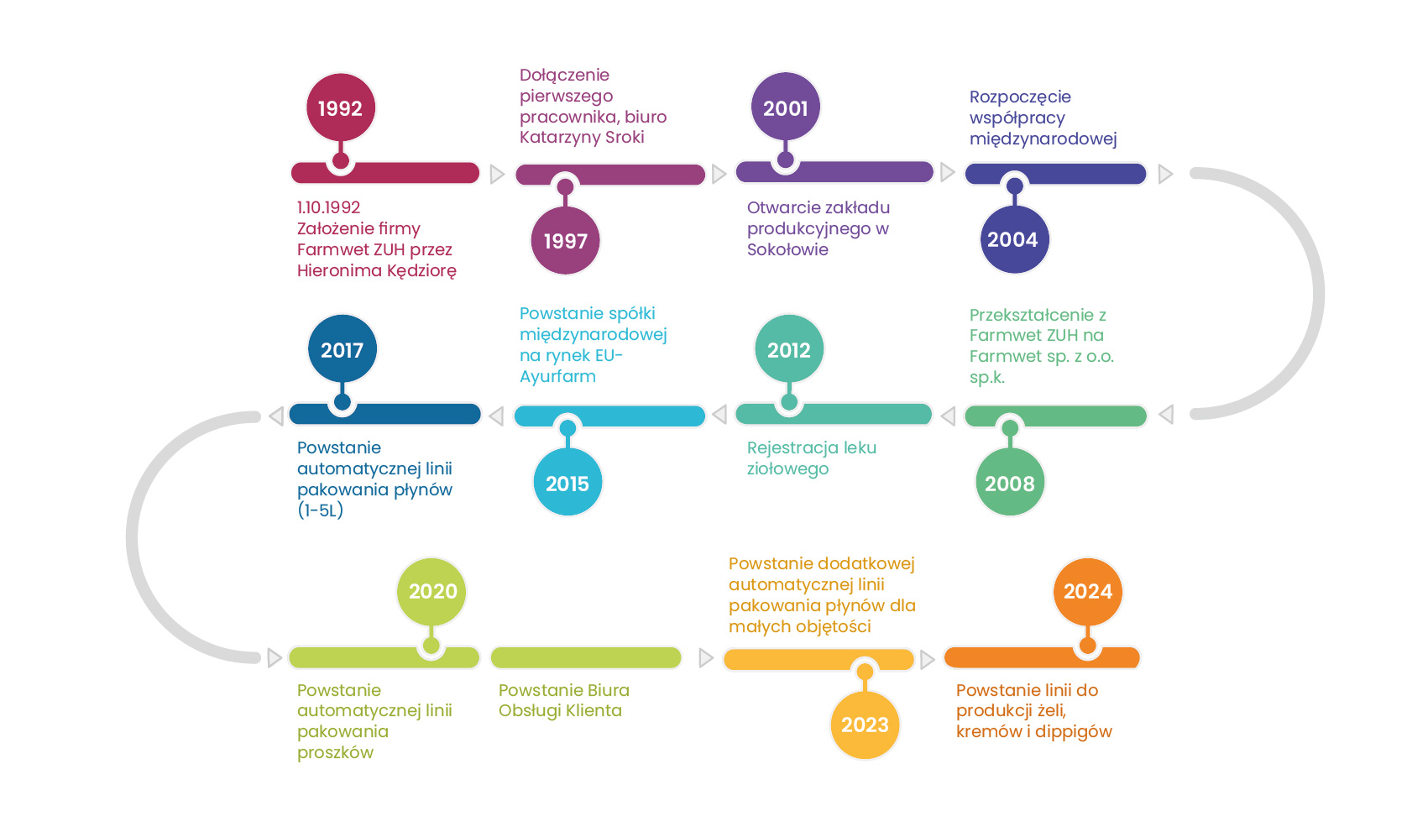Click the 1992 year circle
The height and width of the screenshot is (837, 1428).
tap(340, 108)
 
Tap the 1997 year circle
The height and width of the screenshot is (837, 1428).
tap(565, 241)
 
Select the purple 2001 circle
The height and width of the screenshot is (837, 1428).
tap(785, 108)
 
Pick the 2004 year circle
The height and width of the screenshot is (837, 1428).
tap(1013, 239)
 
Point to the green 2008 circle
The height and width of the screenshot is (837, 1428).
tap(1010, 483)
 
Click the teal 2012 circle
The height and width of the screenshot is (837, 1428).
tap(789, 350)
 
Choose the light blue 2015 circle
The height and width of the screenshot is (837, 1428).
tap(568, 483)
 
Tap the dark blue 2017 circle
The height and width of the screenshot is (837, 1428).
tap(342, 350)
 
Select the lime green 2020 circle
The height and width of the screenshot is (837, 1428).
tap(432, 591)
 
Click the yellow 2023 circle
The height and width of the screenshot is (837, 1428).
tap(865, 725)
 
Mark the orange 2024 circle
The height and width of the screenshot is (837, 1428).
tap(1087, 591)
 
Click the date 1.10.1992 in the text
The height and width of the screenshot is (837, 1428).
tap(329, 207)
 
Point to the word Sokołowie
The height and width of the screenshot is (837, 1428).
tap(787, 249)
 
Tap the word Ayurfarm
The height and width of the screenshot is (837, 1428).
tap(557, 376)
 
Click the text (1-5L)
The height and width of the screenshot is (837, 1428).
tap(321, 510)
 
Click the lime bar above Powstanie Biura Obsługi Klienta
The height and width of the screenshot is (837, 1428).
tap(586, 657)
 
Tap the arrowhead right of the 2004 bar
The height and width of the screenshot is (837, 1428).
tap(1165, 174)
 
